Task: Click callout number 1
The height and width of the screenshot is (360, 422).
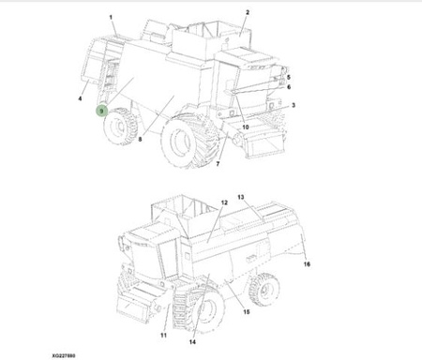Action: click(x=111, y=17)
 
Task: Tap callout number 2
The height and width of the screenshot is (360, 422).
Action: click(x=248, y=12)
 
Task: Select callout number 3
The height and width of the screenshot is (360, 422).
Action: click(x=294, y=105)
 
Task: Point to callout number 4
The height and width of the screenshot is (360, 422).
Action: click(x=80, y=98)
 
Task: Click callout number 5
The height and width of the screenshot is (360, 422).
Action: click(x=289, y=77)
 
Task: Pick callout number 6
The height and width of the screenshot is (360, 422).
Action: click(x=289, y=86)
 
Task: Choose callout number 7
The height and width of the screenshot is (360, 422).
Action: click(x=218, y=163)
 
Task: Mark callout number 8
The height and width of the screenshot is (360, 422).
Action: click(x=140, y=139)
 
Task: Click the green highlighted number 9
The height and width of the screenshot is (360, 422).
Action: click(x=101, y=111)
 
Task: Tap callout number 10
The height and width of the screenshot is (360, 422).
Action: click(x=246, y=127)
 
